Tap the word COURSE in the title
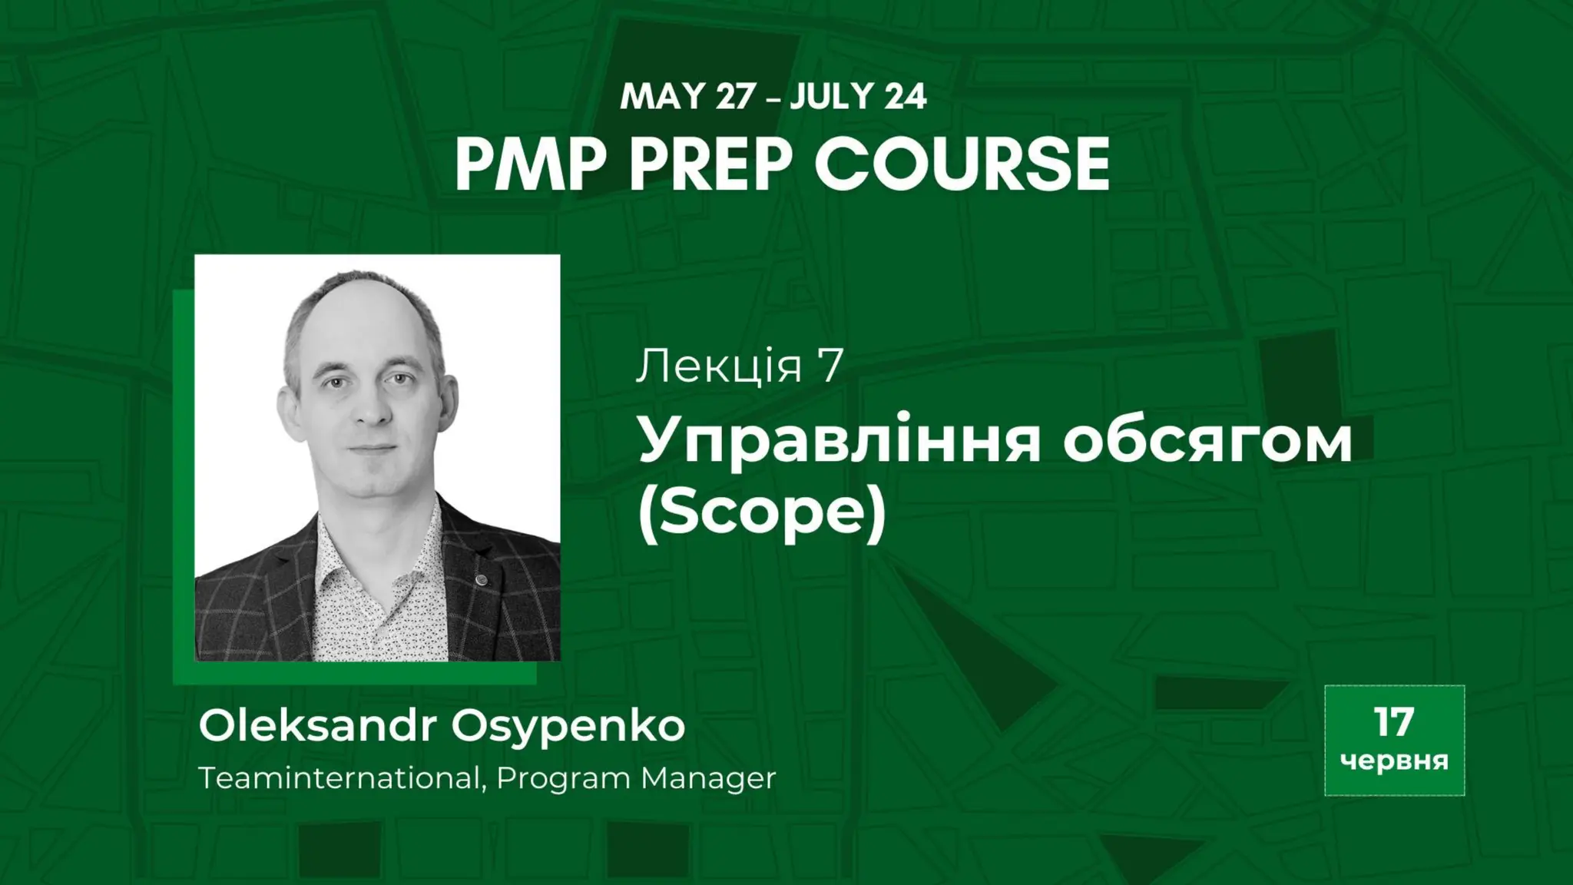point(962,165)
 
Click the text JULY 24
point(858,98)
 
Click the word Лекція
point(719,366)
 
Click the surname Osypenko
point(568,727)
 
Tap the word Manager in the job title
point(708,778)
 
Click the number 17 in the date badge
point(1393,722)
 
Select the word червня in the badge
point(1394,761)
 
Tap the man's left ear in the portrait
point(447,399)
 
